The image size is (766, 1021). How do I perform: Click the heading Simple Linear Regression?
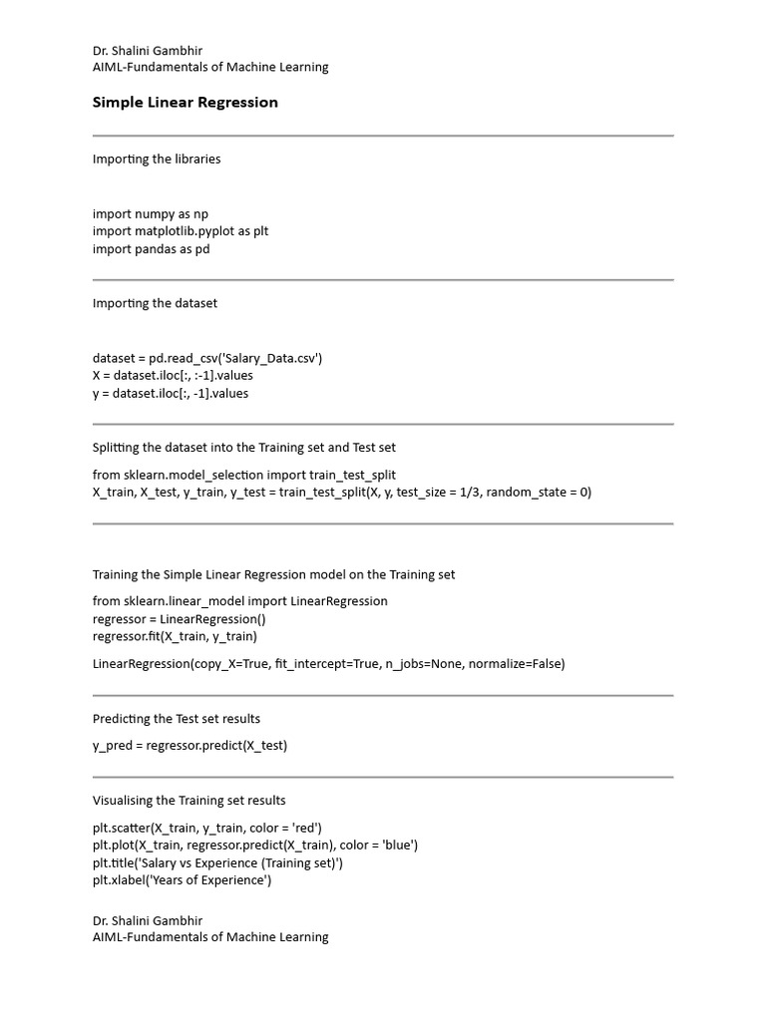tap(185, 103)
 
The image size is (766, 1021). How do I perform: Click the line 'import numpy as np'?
tap(151, 213)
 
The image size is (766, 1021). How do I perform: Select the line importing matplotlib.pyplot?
tap(181, 231)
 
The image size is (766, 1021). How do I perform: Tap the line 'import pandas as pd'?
tap(152, 249)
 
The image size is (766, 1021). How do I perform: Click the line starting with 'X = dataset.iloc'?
tap(173, 376)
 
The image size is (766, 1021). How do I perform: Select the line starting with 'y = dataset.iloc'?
tap(171, 394)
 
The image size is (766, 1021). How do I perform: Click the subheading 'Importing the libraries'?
tap(157, 160)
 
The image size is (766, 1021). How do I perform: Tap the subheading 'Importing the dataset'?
tap(155, 303)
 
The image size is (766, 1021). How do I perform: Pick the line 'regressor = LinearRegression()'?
tap(180, 619)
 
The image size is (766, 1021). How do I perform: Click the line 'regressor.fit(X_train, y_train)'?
tap(175, 636)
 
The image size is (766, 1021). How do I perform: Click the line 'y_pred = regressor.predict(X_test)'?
tap(190, 746)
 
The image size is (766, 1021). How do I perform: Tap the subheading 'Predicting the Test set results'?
tap(177, 719)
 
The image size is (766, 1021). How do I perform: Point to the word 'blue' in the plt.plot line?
tap(397, 846)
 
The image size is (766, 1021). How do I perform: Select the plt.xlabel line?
tap(182, 880)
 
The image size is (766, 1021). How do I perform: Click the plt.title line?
tap(217, 863)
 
